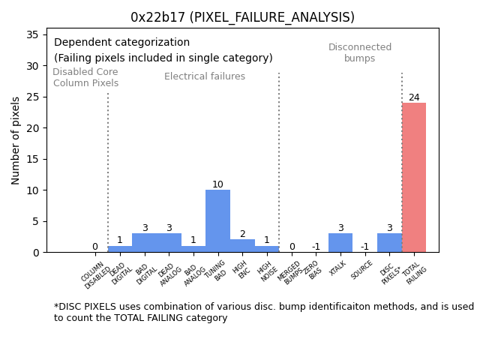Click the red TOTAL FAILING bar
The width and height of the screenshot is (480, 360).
414,178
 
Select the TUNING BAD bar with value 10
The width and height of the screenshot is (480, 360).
217,221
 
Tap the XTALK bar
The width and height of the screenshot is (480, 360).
340,243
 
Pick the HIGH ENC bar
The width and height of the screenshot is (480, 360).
242,246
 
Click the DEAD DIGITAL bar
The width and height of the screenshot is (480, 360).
120,249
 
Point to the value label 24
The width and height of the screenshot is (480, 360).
414,97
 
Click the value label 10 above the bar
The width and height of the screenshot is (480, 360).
217,184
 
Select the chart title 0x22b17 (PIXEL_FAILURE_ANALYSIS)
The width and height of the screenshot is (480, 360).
242,17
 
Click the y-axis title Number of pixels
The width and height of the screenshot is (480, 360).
16,141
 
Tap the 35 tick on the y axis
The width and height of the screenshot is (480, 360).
34,34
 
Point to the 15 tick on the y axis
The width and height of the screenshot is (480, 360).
34,159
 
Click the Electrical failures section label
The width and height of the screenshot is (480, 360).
205,76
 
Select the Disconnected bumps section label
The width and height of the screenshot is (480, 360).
360,53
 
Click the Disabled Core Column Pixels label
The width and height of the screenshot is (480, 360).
85,78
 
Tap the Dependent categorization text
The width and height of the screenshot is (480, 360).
122,43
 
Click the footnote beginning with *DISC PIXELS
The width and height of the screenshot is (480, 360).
263,312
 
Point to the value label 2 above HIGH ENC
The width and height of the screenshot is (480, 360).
242,234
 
